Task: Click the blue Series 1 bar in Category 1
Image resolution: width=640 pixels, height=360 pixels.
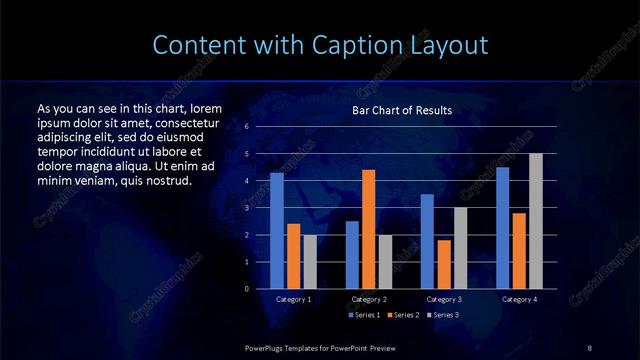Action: (277, 231)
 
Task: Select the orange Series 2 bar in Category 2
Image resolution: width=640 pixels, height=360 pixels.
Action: (369, 229)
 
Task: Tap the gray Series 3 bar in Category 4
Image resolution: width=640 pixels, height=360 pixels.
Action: (536, 221)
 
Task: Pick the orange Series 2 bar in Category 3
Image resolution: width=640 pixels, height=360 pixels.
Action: (444, 264)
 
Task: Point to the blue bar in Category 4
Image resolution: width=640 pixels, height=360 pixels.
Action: (502, 228)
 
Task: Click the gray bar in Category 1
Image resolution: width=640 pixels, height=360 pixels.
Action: (310, 262)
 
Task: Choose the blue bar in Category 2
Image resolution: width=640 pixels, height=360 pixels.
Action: (352, 255)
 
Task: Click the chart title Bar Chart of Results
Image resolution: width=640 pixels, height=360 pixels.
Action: (402, 110)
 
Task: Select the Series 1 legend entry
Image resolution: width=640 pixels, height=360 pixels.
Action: (363, 315)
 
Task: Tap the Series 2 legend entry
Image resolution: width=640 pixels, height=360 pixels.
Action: (403, 315)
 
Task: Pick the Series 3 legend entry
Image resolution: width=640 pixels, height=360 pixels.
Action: (443, 315)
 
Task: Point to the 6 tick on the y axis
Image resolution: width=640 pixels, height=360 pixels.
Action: (247, 127)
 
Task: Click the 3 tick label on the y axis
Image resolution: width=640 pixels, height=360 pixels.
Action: (247, 208)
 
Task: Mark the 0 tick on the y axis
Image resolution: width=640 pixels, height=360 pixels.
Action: (247, 289)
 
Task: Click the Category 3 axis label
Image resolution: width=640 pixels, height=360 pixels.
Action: (444, 299)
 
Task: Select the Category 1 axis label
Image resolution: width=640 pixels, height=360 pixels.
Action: (294, 299)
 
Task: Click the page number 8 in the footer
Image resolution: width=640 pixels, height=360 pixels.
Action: (590, 346)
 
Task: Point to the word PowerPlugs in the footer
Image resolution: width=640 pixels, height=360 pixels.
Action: (266, 346)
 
